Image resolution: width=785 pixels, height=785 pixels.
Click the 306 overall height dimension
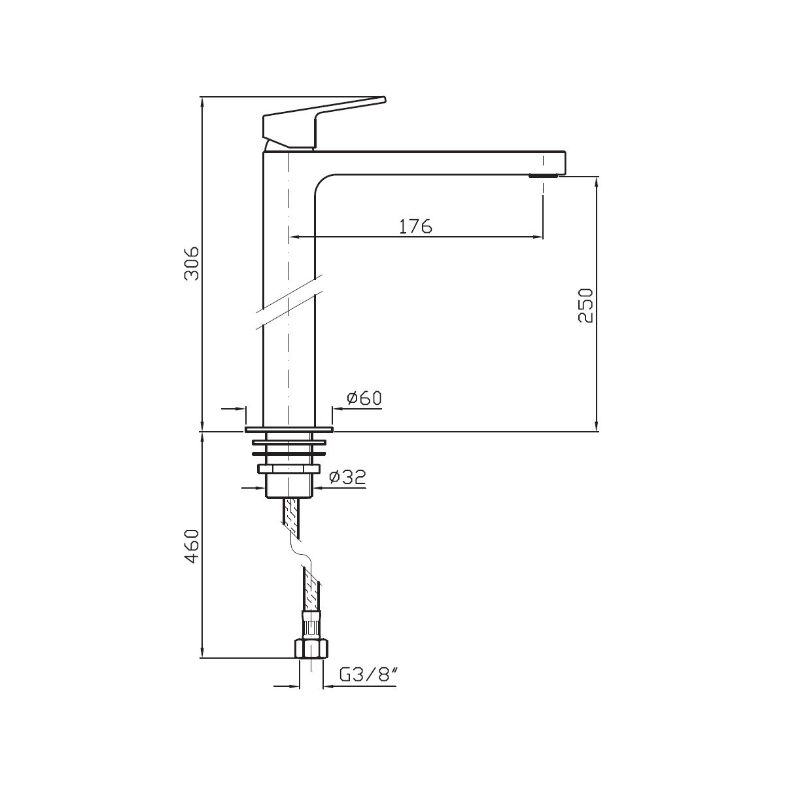(192, 263)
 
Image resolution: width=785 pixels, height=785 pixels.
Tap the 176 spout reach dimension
(415, 226)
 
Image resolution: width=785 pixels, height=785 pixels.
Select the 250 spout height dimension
(585, 305)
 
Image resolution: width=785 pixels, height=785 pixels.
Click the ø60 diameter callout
(364, 398)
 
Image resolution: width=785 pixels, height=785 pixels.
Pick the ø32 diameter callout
(347, 477)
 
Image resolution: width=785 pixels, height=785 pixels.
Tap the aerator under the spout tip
(544, 176)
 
